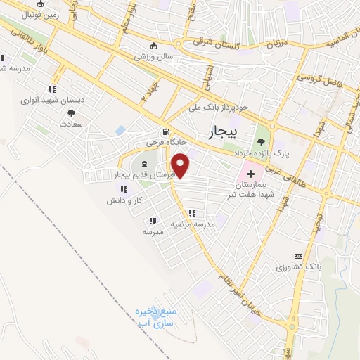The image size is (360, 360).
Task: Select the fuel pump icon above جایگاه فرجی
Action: click(x=165, y=131)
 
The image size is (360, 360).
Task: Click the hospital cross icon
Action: click(x=250, y=173)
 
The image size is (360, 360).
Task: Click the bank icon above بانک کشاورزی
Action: click(x=298, y=257)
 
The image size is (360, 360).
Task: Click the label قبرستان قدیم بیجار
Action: click(x=143, y=174)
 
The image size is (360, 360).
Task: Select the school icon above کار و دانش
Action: click(x=123, y=189)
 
